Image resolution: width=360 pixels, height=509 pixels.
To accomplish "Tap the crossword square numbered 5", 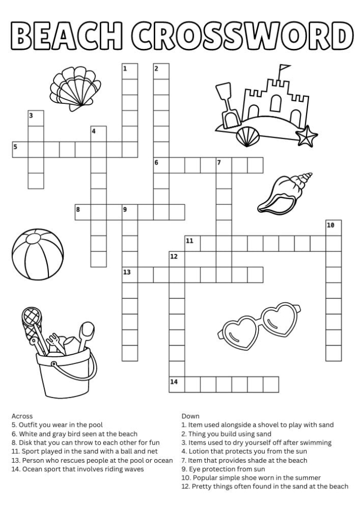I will pyautogui.click(x=20, y=150).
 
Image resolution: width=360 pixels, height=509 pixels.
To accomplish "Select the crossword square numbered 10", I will pyautogui.click(x=333, y=228).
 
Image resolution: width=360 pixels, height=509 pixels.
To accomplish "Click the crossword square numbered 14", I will pyautogui.click(x=177, y=384).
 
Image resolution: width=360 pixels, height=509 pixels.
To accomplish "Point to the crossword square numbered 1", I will pyautogui.click(x=130, y=71).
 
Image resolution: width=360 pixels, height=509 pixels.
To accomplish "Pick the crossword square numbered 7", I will pyautogui.click(x=224, y=166).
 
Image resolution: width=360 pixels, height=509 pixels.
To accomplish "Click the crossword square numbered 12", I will pyautogui.click(x=177, y=259).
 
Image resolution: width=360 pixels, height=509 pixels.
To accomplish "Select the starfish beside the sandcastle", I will pyautogui.click(x=307, y=136).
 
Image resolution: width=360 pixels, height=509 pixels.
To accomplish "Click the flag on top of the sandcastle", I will pyautogui.click(x=284, y=69).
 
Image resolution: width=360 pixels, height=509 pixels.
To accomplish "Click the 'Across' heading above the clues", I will pyautogui.click(x=22, y=415).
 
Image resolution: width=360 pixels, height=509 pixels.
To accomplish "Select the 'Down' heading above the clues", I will pyautogui.click(x=190, y=415).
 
